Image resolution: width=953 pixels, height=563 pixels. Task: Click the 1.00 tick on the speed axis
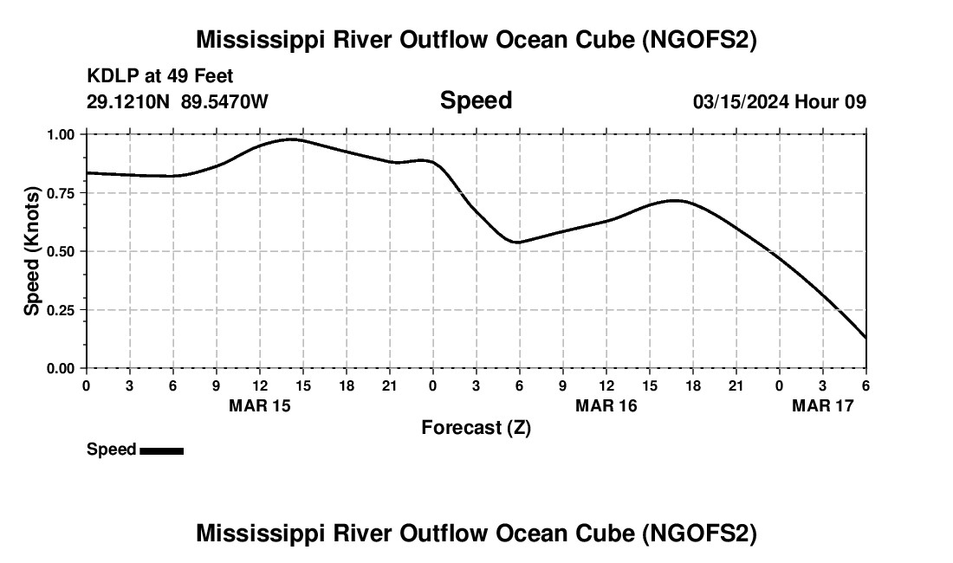point(63,134)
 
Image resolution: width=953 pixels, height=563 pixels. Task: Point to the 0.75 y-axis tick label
point(63,193)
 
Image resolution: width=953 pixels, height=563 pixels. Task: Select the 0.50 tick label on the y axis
point(63,251)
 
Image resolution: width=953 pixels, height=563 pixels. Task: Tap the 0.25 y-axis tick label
point(63,310)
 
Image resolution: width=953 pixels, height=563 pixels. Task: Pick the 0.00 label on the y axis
point(63,368)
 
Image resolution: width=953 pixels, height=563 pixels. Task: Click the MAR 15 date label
point(259,405)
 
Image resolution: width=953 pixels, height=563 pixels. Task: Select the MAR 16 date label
point(606,405)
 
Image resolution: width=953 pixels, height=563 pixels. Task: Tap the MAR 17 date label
point(822,405)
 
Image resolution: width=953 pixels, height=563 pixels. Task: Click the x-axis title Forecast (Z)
point(476,427)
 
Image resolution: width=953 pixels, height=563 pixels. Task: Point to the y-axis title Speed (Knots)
point(32,251)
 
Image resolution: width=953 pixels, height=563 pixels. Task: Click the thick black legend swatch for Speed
point(161,450)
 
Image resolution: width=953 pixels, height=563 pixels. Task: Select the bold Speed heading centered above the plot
point(476,100)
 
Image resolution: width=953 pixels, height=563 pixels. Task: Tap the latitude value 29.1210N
point(129,101)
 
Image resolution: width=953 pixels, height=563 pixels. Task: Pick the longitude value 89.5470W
point(224,101)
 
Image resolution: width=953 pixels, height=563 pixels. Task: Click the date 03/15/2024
point(740,101)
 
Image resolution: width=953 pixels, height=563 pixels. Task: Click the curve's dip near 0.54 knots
point(517,243)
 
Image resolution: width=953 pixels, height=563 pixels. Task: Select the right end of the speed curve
point(865,338)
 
